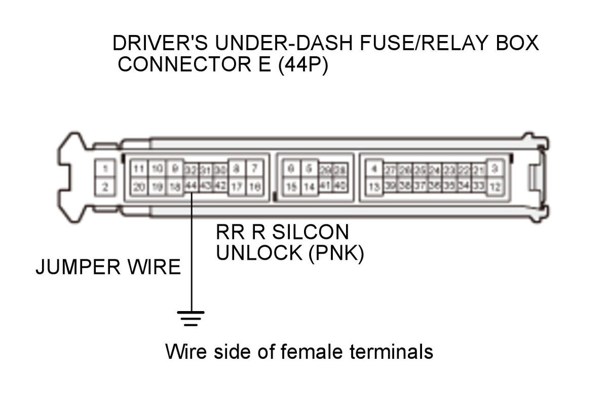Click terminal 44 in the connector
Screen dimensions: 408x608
click(191, 186)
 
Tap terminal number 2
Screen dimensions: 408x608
click(105, 187)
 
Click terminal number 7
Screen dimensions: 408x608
click(255, 168)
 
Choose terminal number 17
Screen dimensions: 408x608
click(237, 187)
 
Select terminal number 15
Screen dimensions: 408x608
click(291, 187)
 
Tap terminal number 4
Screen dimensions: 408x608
click(374, 168)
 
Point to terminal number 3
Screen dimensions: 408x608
click(496, 168)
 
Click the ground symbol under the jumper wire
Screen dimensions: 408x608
click(191, 318)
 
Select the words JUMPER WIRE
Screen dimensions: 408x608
click(108, 267)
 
